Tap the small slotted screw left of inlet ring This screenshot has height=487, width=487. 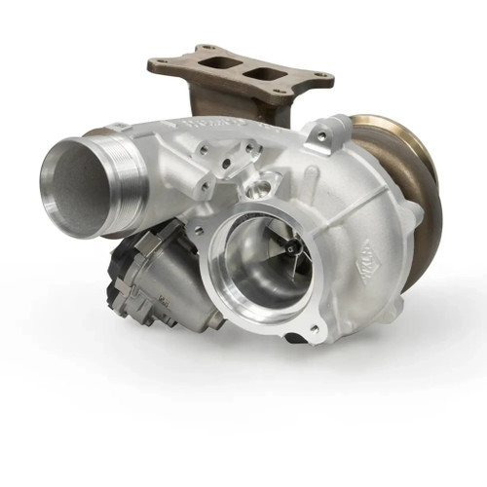click(198, 231)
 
